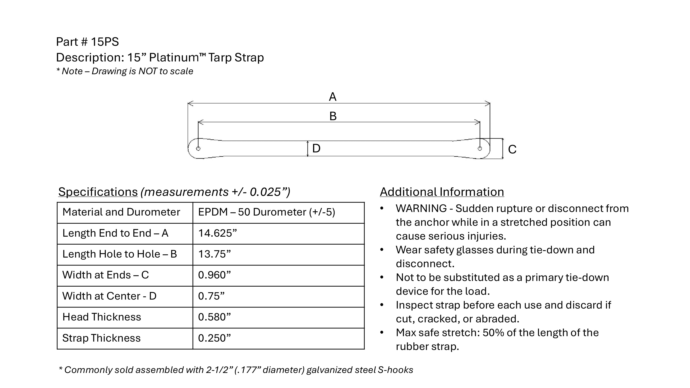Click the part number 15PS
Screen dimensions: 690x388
105,42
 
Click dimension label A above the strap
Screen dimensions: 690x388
332,97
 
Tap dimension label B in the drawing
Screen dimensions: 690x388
333,116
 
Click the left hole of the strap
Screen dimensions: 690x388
198,149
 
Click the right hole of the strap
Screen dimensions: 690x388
480,149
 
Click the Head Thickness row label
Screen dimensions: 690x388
102,317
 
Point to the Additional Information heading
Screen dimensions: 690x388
442,192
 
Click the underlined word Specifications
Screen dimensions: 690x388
98,192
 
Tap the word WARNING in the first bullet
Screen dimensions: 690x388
421,209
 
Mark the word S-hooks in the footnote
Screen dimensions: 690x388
395,370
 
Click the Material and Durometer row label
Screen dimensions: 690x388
121,212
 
